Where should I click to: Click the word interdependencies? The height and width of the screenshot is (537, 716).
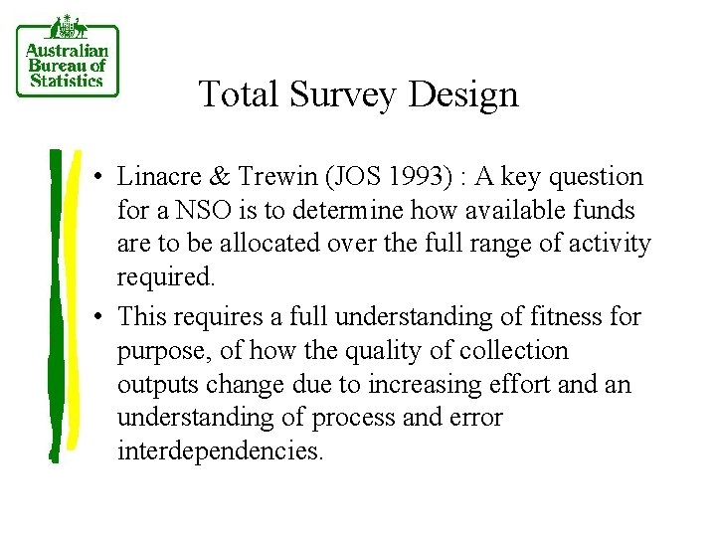point(220,452)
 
